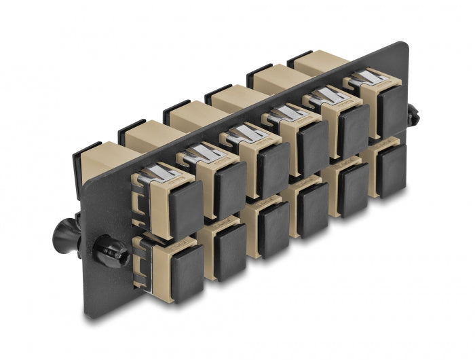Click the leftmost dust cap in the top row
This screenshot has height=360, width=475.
pos(184,206)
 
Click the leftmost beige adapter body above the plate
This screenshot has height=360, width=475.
pos(102,163)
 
